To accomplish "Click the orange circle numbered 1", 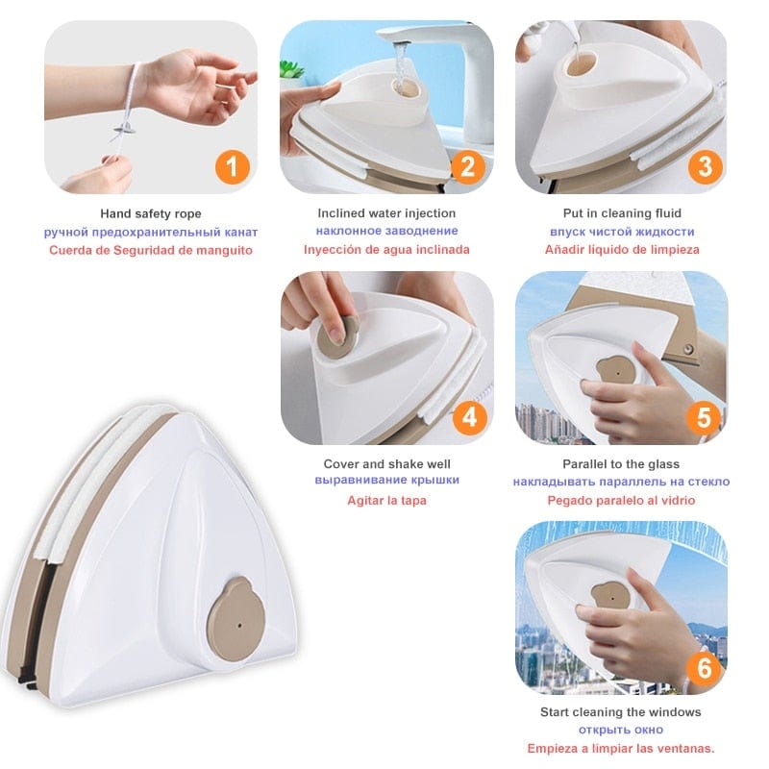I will (x=231, y=166).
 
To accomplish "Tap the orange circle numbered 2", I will (x=467, y=166).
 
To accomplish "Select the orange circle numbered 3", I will (x=704, y=166).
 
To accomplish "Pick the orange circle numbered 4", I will (x=467, y=417).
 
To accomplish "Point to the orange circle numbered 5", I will (x=704, y=417).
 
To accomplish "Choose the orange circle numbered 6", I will (x=704, y=667).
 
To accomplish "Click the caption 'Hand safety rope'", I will (x=151, y=213).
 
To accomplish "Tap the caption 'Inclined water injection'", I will (x=386, y=213).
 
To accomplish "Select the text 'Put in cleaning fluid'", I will (x=622, y=213).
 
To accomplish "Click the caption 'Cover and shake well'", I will (x=386, y=463).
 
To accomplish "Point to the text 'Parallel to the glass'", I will (x=622, y=463).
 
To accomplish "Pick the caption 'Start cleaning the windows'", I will (x=622, y=712).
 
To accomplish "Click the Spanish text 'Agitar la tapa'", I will (x=386, y=500).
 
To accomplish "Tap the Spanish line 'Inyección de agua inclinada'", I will (x=386, y=250).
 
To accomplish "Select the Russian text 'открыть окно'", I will (x=622, y=731).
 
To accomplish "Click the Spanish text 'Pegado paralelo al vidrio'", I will (x=622, y=500).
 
